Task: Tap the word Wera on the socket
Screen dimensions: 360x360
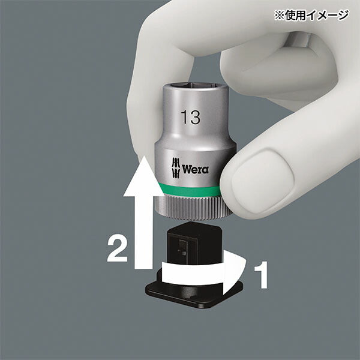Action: point(195,169)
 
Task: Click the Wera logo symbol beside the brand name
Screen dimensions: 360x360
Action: point(175,169)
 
